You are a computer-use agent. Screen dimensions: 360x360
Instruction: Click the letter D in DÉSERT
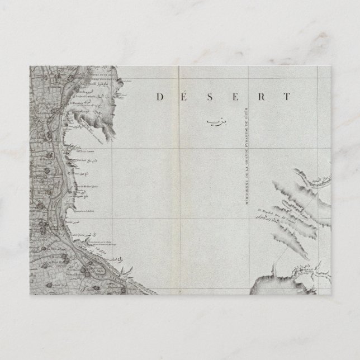pos(159,97)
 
